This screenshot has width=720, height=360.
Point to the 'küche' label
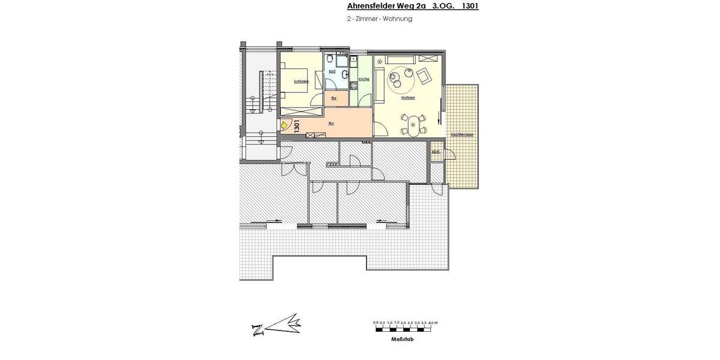364,80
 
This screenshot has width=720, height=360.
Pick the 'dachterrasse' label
462,135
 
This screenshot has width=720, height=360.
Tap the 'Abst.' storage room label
436,152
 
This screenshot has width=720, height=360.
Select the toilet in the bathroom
343,75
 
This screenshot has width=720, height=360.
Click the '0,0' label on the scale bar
376,323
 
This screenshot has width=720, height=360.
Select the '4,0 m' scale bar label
433,323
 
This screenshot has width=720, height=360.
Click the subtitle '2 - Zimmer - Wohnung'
379,19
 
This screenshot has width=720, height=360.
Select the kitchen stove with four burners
362,86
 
